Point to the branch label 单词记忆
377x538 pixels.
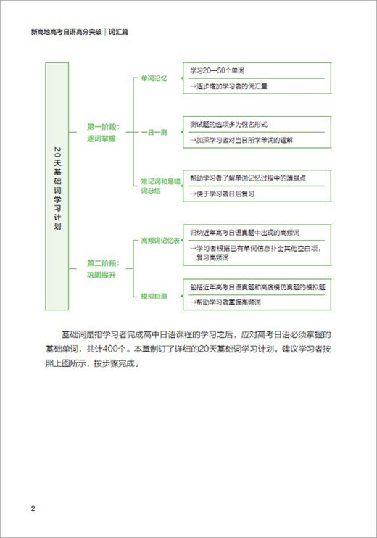tap(154, 78)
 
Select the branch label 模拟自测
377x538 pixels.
tap(154, 295)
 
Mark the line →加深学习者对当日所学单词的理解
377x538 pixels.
tap(250, 140)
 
